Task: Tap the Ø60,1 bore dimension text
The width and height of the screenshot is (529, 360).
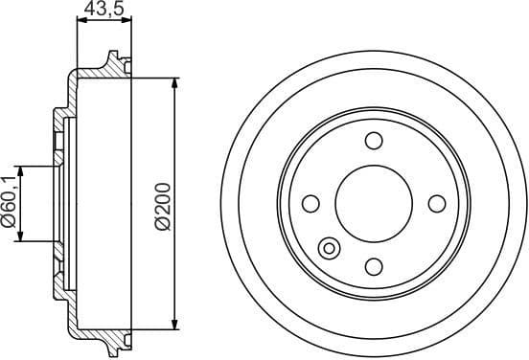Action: click(x=10, y=203)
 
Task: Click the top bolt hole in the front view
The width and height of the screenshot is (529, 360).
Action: click(x=374, y=142)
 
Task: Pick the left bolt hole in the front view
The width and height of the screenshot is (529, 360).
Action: click(x=310, y=203)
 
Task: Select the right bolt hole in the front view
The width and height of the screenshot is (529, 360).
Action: click(x=437, y=203)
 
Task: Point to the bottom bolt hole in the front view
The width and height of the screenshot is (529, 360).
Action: click(x=374, y=265)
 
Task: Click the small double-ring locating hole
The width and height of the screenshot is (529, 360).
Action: click(x=329, y=249)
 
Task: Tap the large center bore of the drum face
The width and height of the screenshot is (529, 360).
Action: click(x=374, y=203)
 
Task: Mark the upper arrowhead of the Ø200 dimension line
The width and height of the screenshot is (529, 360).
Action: click(x=174, y=84)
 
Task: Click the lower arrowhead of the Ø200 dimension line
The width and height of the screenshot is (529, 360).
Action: click(x=174, y=323)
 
